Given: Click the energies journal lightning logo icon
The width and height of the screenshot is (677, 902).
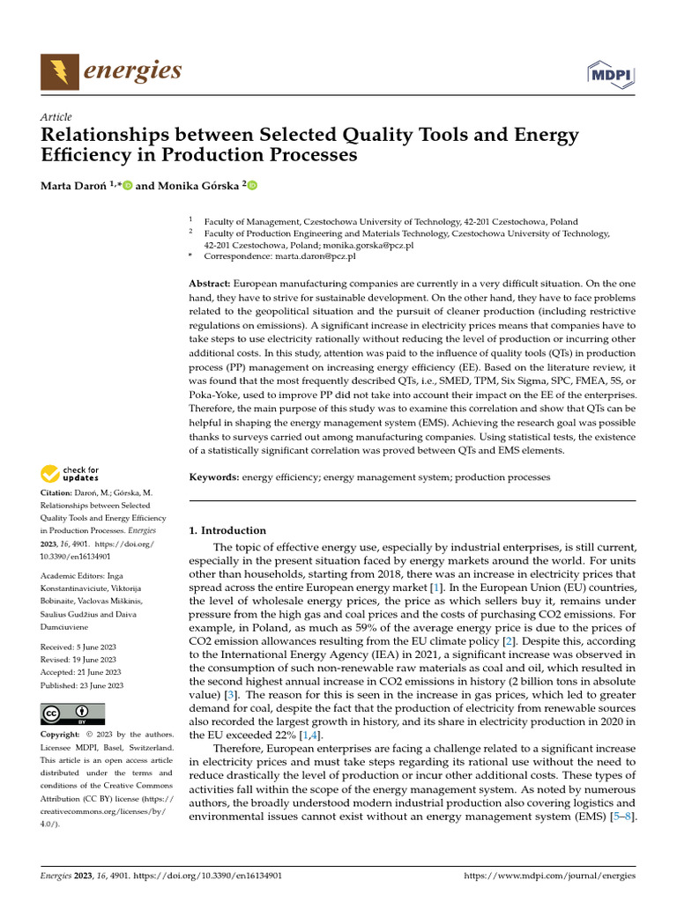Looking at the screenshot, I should click(x=59, y=70).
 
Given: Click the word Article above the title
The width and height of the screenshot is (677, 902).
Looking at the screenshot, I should click(x=56, y=117).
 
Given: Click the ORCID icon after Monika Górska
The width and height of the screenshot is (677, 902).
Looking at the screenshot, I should click(x=252, y=185).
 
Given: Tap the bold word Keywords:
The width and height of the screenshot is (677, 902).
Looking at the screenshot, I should click(x=214, y=477).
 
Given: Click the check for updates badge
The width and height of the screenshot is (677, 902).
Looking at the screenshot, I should click(x=71, y=474).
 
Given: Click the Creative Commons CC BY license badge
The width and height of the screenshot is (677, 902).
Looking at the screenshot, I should click(x=72, y=713).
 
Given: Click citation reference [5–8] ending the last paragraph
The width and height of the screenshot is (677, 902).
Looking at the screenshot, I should click(x=622, y=817).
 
